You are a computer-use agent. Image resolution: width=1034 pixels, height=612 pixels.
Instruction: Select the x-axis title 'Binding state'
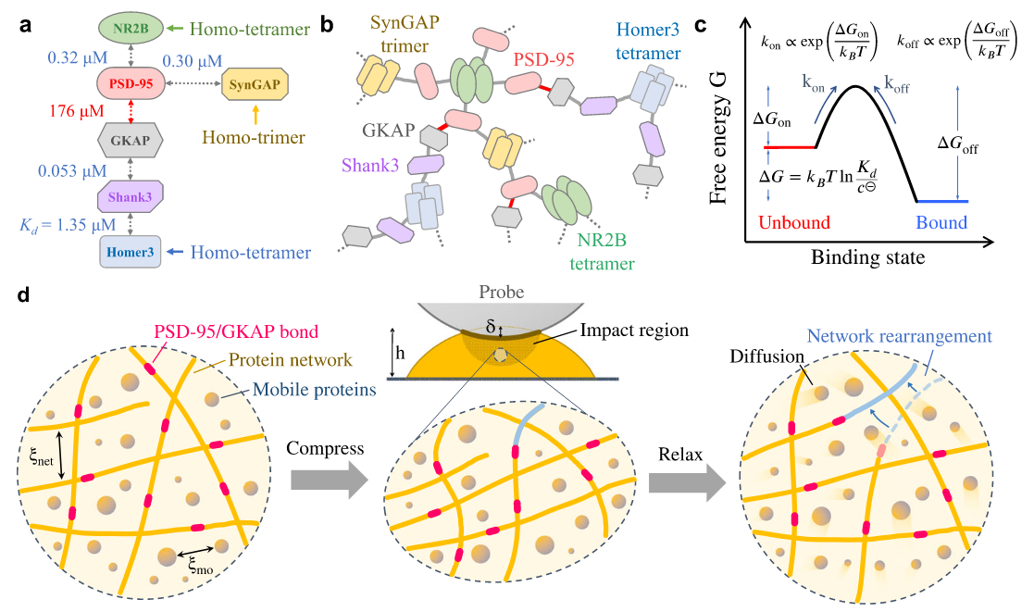(x=867, y=257)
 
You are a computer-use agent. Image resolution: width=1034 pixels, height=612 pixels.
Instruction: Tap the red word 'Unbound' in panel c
(x=794, y=222)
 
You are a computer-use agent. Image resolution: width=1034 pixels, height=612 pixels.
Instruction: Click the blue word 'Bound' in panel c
(x=941, y=222)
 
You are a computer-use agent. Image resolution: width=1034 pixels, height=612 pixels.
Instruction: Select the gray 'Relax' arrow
(x=686, y=480)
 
